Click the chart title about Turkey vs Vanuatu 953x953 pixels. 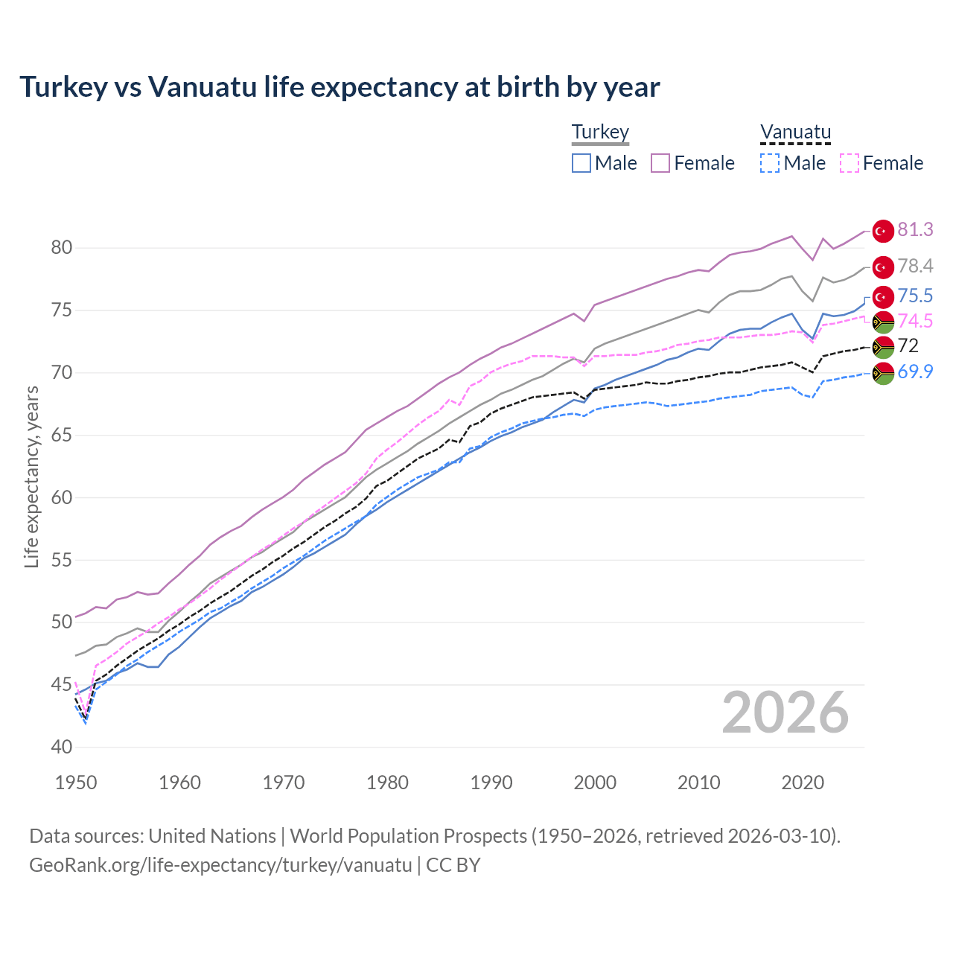tap(340, 87)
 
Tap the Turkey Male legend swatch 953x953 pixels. tap(581, 163)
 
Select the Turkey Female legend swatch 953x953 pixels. tap(660, 163)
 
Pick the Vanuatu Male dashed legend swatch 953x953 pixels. tap(770, 163)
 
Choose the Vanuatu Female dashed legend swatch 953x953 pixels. tap(850, 163)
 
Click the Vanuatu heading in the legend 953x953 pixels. tap(795, 133)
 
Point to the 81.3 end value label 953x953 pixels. tap(915, 229)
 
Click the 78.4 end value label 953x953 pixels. tap(915, 266)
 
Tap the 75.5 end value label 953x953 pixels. tap(915, 296)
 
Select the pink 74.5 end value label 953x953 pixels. tap(915, 321)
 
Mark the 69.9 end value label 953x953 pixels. tap(915, 372)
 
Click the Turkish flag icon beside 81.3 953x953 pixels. tap(883, 231)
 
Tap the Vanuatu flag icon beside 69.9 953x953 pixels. tap(883, 373)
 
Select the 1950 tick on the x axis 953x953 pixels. tap(76, 783)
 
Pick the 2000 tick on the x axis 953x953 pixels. tap(595, 783)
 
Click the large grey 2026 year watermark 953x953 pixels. tap(785, 713)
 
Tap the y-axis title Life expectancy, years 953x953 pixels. tap(31, 476)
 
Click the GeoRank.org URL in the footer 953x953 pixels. tap(220, 865)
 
